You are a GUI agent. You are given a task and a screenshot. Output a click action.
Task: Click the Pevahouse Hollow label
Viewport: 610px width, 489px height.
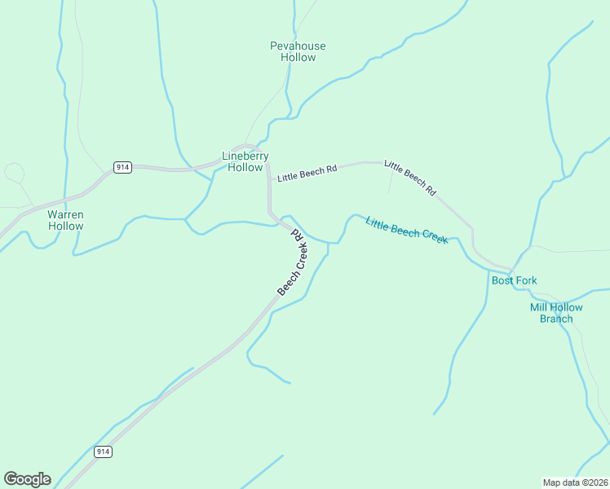(298, 52)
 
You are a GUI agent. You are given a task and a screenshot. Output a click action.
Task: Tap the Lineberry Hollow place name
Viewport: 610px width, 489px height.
(245, 161)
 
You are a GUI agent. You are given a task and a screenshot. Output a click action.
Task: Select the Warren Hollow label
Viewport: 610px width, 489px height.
(65, 220)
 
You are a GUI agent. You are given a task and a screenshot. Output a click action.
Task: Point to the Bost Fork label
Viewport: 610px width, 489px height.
(514, 280)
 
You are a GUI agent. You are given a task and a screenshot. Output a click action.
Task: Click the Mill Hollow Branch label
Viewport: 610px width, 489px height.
(556, 313)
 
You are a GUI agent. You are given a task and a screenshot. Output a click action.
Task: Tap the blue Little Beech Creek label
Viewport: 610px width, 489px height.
(406, 231)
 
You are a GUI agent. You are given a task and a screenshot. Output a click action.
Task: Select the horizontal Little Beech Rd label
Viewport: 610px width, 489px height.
(307, 174)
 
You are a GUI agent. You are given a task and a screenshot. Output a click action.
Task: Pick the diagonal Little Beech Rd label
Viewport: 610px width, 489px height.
(410, 177)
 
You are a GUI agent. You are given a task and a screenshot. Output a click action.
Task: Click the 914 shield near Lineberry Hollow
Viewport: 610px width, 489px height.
(122, 167)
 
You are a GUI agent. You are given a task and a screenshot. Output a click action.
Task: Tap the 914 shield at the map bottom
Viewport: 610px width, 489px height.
(103, 452)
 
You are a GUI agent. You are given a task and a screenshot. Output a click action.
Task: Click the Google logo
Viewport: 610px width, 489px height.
(27, 479)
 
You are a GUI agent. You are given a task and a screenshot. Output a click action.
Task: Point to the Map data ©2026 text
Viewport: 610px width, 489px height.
(575, 482)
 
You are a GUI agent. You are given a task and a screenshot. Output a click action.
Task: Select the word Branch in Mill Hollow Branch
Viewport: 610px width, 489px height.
(556, 319)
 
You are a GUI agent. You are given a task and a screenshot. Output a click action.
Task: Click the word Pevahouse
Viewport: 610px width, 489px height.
(298, 46)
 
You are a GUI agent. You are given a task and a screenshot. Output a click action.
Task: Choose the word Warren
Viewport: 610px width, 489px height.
(65, 214)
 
